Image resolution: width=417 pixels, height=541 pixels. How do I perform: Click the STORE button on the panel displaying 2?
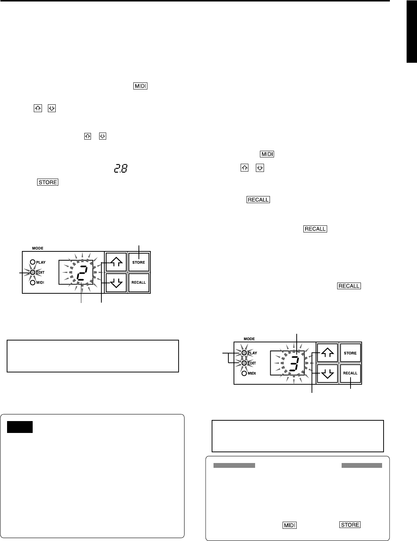coord(139,263)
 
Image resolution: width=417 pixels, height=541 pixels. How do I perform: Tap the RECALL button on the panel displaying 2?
coord(139,283)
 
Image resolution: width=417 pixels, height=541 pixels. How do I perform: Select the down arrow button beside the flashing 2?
coord(116,283)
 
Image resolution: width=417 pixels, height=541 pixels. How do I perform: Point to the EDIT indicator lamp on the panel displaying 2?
coord(33,272)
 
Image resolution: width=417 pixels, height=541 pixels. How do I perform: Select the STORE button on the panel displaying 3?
coord(350,353)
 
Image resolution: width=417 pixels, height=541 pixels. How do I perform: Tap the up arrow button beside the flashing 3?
coord(327,353)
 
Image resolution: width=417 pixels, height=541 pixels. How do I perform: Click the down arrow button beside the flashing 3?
coord(327,374)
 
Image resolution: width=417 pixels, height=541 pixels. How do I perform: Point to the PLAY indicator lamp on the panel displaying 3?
coord(244,353)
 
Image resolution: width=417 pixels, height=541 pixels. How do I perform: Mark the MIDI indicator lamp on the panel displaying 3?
coord(244,373)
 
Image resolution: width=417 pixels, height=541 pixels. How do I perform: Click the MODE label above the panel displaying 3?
coord(249,339)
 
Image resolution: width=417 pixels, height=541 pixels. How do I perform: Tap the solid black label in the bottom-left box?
coord(20,427)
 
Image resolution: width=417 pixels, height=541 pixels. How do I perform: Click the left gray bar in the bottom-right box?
coord(234,465)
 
